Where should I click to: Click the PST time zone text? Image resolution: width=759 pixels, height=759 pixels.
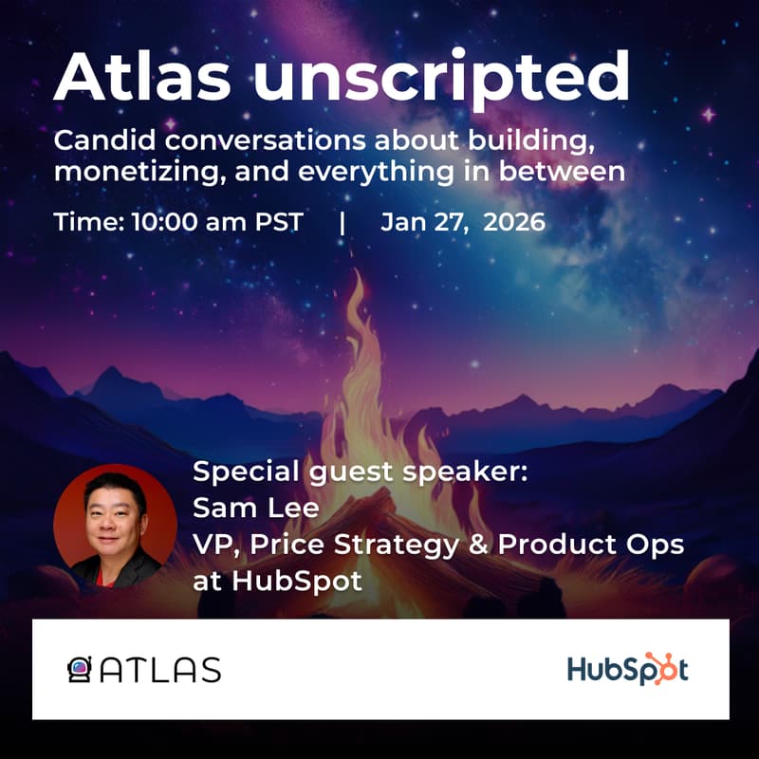(x=277, y=222)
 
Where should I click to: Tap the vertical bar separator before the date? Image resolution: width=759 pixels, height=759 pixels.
(x=342, y=223)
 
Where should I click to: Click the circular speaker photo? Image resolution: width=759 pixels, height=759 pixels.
(x=114, y=526)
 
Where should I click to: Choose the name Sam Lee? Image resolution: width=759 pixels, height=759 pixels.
(x=255, y=509)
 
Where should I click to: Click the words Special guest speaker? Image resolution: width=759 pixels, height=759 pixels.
(x=360, y=472)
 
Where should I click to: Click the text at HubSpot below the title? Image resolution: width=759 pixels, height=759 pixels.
(x=277, y=581)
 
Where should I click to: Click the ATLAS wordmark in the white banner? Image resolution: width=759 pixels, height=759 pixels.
(x=160, y=670)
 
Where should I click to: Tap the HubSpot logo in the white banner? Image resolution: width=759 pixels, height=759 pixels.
(x=627, y=669)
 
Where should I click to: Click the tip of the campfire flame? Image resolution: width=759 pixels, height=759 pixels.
(x=358, y=277)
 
